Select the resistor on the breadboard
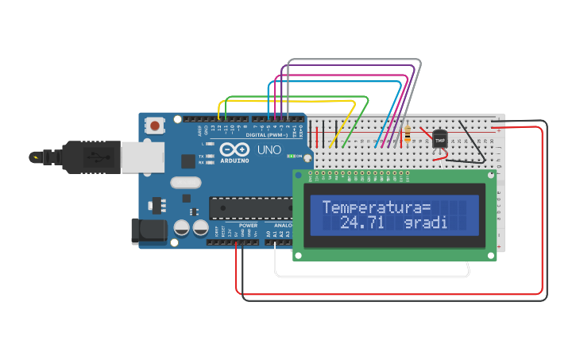408,135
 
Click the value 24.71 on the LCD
361,224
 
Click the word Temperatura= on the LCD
376,207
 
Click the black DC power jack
149,231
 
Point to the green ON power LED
291,156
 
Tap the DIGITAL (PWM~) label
267,135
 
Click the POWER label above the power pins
248,225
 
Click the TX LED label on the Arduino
202,156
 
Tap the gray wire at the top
354,60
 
